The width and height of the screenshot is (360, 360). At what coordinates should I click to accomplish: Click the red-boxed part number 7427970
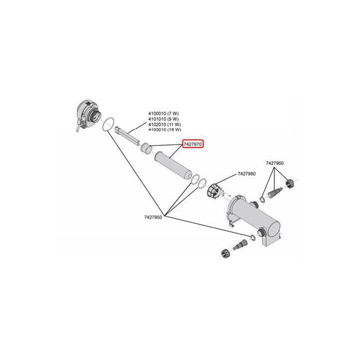(193, 144)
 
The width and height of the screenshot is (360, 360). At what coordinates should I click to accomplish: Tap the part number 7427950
(153, 217)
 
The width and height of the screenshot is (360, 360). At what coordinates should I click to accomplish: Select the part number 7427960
(274, 163)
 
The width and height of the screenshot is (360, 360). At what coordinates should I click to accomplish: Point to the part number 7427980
(246, 174)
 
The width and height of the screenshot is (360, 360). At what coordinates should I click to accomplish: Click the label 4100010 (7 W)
(163, 113)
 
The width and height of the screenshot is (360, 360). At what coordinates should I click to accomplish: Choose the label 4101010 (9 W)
(163, 119)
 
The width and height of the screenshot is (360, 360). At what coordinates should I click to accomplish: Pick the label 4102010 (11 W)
(164, 124)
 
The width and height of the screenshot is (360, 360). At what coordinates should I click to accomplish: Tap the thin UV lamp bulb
(126, 136)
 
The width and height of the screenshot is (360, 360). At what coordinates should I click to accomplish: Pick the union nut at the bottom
(224, 253)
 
